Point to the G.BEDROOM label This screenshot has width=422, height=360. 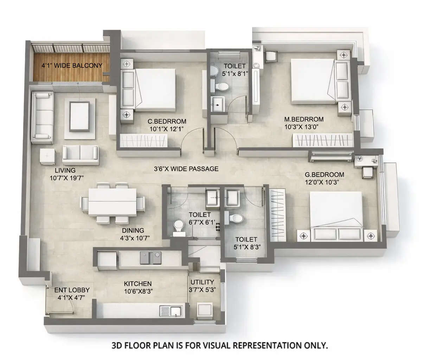[x=325, y=175]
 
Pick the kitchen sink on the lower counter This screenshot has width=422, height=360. [x=171, y=311]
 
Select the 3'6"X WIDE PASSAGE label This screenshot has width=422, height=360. [x=186, y=169]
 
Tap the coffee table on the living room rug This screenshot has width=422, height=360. [x=82, y=115]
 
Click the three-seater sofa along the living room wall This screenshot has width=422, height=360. [x=42, y=118]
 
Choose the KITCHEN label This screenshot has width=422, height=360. [x=138, y=284]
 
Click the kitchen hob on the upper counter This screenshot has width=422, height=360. [x=150, y=258]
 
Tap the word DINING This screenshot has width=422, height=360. [x=133, y=231]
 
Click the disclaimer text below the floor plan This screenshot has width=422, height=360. [x=220, y=345]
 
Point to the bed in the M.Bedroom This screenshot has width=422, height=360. [x=311, y=82]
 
